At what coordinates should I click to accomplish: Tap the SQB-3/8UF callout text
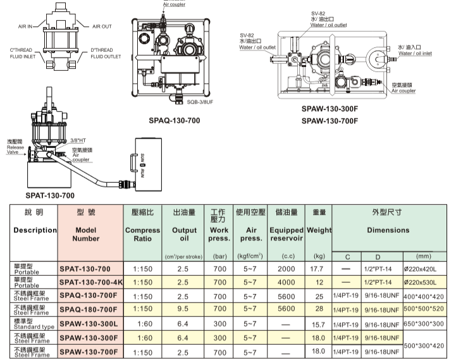pos(203,101)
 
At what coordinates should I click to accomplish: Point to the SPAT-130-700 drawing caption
pos(50,196)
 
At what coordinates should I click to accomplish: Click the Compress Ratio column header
pos(142,235)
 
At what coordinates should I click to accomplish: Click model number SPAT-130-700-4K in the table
pos(92,282)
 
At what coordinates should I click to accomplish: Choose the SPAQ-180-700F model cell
pos(90,309)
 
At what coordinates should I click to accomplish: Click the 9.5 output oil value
pos(184,309)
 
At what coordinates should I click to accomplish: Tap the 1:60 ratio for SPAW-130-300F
pos(142,338)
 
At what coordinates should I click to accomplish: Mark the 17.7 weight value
pos(318,268)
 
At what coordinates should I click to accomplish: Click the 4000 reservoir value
pos(287,282)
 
